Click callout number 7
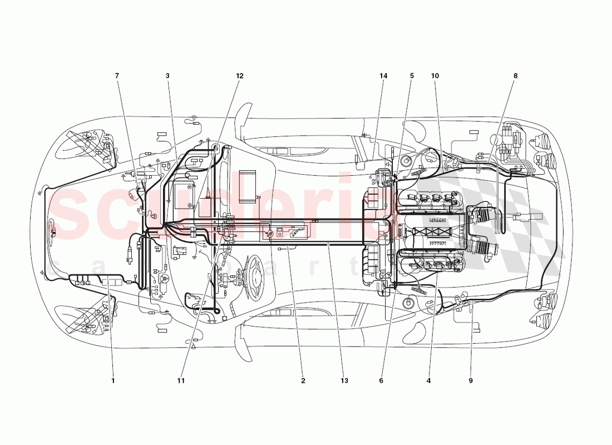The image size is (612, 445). [117, 76]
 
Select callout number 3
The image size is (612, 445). [167, 76]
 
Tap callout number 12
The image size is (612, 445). [239, 76]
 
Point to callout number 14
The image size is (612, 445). [383, 76]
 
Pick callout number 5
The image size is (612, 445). [412, 76]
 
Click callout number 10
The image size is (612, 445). [435, 76]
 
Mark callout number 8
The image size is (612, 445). [515, 76]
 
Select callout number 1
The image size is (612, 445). [113, 381]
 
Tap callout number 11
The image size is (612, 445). [181, 381]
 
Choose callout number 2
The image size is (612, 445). [303, 381]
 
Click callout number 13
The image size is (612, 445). [344, 381]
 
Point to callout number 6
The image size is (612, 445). [381, 381]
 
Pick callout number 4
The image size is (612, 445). [429, 381]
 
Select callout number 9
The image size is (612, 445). [470, 381]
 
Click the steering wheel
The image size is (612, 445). [255, 277]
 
